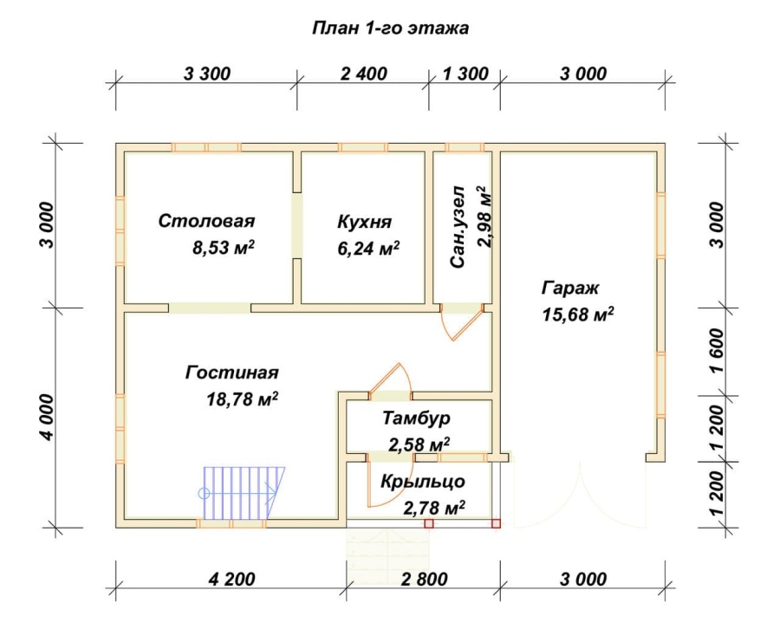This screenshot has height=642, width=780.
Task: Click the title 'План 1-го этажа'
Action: click(x=391, y=28)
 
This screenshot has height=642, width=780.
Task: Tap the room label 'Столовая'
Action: click(x=206, y=221)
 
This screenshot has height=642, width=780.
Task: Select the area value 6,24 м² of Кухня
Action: click(x=368, y=248)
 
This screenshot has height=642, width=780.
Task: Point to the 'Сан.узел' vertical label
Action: click(x=458, y=227)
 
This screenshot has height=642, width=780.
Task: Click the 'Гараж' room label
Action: click(x=570, y=288)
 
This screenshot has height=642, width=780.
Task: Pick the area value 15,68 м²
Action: click(x=577, y=315)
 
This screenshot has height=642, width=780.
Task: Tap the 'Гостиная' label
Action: click(x=231, y=373)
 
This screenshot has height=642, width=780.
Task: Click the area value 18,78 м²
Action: click(x=242, y=399)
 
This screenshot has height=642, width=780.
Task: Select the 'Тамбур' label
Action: click(x=416, y=418)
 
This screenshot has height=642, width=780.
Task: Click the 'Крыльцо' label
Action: click(x=423, y=482)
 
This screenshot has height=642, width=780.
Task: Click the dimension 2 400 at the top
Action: click(x=364, y=74)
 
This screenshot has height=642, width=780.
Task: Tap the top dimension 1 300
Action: click(x=465, y=74)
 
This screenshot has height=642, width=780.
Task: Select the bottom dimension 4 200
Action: click(x=231, y=579)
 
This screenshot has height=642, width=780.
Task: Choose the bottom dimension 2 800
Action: click(x=425, y=579)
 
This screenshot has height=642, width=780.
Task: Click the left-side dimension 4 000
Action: click(x=46, y=417)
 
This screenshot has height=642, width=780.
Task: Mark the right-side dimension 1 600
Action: click(x=717, y=351)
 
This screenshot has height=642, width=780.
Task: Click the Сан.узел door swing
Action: click(x=462, y=323)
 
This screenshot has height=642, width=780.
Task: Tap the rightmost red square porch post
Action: click(x=496, y=523)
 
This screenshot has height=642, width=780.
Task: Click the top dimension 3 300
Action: click(x=207, y=74)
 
